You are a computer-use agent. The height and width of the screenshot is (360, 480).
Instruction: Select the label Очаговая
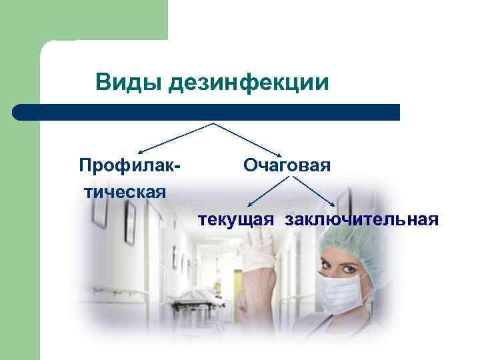point(287,164)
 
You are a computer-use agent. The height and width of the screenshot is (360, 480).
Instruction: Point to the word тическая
point(125,192)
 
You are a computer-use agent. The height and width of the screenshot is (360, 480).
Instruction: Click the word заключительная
point(361,219)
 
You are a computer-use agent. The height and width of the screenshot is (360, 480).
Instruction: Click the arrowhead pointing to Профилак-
point(141,152)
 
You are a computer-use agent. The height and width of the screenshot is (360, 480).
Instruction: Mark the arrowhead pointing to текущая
point(247,205)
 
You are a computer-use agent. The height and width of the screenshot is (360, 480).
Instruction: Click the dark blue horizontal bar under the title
point(207,112)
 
